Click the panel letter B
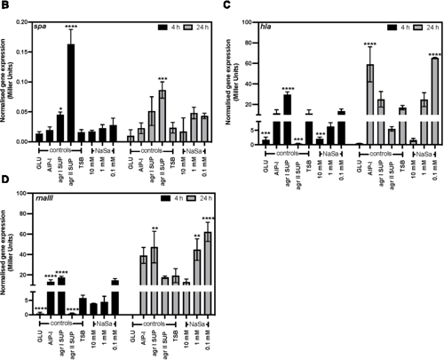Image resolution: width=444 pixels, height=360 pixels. coord(5,6)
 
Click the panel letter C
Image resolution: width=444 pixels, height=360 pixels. coord(228,6)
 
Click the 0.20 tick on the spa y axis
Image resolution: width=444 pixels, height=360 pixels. coord(27,23)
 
